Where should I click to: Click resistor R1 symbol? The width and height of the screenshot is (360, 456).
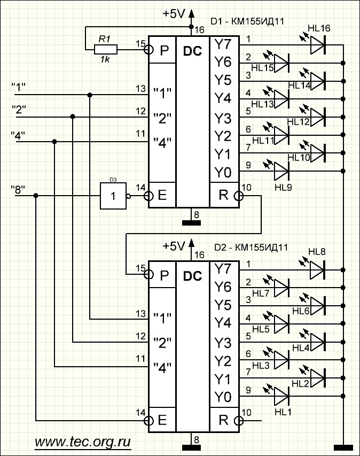point(106,50)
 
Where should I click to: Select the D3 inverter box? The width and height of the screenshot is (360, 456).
point(113,196)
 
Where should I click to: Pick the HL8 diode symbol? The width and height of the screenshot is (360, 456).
point(317,270)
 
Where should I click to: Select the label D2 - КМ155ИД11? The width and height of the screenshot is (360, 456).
point(251,247)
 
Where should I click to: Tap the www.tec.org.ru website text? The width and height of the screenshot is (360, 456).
point(82,442)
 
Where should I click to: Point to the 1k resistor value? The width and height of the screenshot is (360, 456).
point(105,60)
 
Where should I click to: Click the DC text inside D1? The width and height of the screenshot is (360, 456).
point(192,51)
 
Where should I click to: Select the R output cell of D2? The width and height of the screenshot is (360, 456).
point(224,420)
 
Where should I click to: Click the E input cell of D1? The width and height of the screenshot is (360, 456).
point(162,195)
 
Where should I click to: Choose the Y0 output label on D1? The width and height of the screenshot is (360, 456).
point(223,172)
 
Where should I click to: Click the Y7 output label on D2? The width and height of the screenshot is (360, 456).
point(223,269)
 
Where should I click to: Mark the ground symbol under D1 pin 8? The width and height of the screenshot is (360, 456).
point(191,223)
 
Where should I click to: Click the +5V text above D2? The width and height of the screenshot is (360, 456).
point(174,246)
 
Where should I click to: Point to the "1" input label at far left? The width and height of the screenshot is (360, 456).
point(18,87)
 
